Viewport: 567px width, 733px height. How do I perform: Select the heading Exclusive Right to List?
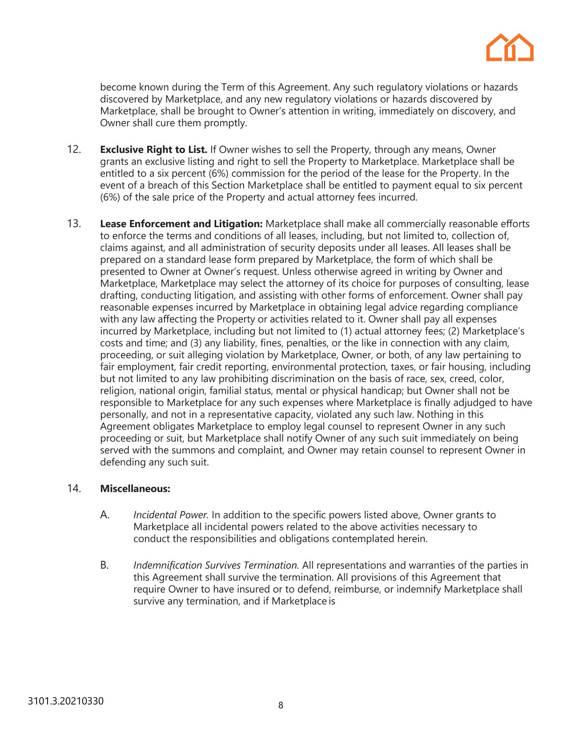[154, 150]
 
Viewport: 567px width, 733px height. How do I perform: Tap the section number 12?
[74, 149]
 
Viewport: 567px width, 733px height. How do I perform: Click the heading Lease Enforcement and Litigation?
[181, 224]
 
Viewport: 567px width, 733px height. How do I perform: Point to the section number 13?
[74, 224]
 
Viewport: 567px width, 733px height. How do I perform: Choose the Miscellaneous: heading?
[135, 489]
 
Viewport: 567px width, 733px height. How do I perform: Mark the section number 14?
[74, 489]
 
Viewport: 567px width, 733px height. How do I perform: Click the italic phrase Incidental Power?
[171, 515]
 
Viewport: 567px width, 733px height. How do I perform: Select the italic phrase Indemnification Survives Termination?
[216, 565]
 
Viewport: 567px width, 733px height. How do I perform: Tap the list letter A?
[105, 515]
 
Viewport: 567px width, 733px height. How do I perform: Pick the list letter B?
[105, 565]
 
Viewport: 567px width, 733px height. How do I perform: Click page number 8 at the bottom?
[281, 705]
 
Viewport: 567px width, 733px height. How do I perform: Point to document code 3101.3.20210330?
[66, 701]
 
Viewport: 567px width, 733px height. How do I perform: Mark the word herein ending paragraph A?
[413, 539]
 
